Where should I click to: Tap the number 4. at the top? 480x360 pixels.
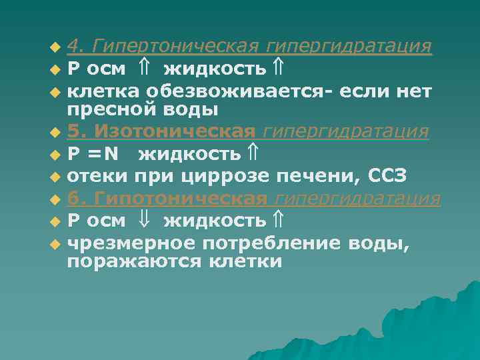[76, 46]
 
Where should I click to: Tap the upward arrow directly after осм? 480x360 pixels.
[145, 68]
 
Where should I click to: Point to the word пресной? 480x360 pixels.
[107, 109]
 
